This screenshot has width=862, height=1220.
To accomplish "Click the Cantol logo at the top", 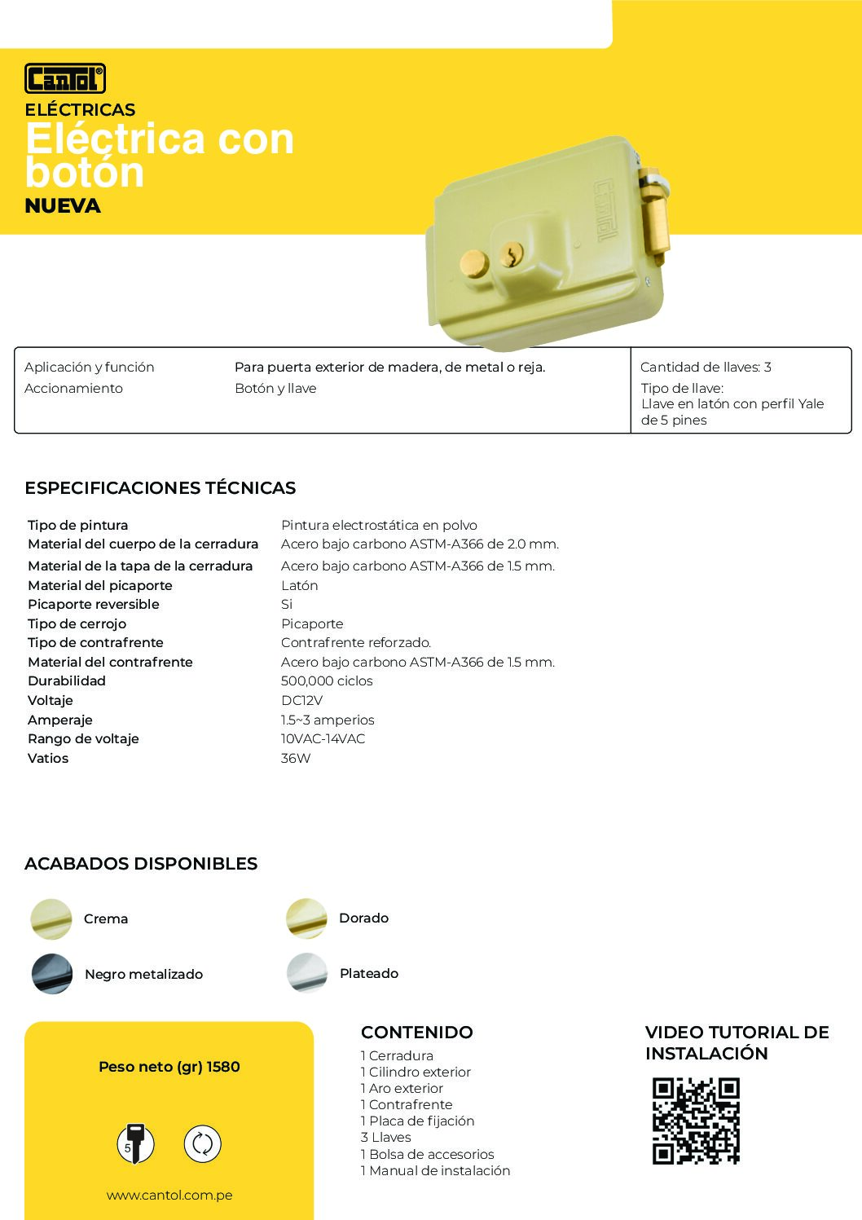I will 65,79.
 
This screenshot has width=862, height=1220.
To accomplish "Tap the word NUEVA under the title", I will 63,206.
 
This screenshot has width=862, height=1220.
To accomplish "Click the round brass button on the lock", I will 474,262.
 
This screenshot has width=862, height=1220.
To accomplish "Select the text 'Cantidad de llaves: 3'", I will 706,368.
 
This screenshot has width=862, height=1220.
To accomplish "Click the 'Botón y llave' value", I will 275,389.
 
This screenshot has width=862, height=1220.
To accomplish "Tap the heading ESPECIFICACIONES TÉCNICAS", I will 161,488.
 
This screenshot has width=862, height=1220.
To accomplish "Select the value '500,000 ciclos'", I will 327,681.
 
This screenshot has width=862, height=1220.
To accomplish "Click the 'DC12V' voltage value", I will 301,701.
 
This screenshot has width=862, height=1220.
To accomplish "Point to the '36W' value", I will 296,759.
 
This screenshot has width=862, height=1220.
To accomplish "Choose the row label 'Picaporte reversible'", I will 94,605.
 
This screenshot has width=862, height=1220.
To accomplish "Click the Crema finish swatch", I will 51,919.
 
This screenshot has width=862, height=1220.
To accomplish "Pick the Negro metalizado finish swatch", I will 52,974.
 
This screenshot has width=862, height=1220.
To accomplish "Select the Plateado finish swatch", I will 307,973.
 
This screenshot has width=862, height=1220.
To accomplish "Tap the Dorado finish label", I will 363,918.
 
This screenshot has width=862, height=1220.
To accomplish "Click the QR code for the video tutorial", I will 696,1121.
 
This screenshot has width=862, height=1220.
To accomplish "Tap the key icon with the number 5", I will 134,1143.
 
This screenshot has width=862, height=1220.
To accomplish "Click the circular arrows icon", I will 202,1143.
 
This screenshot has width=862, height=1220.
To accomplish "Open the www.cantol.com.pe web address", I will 169,1196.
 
